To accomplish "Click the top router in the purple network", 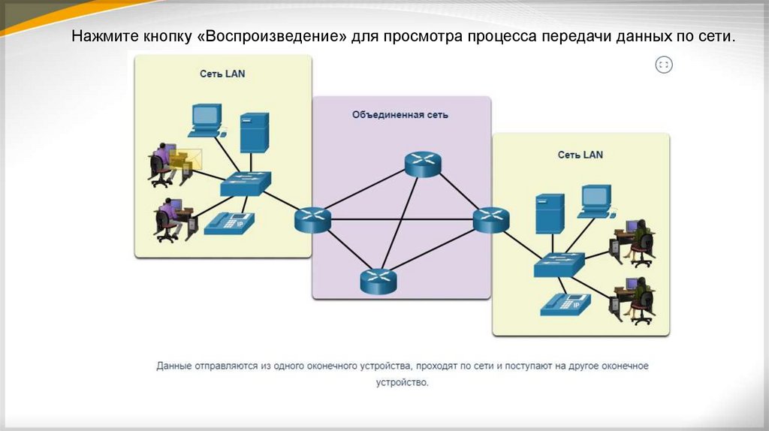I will [x=423, y=164].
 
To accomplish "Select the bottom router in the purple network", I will [x=378, y=280].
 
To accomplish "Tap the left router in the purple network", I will [x=312, y=219].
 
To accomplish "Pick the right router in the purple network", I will [x=491, y=219].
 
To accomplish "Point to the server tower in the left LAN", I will [x=255, y=133].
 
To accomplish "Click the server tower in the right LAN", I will [x=550, y=214].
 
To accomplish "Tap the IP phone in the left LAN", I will [x=229, y=221].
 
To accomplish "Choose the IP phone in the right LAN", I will [x=565, y=303].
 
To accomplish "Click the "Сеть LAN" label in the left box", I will [x=222, y=74].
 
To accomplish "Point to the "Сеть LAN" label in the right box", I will [x=580, y=155].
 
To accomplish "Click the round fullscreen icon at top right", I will [x=664, y=65].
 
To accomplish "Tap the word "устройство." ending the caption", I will [x=402, y=382].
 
